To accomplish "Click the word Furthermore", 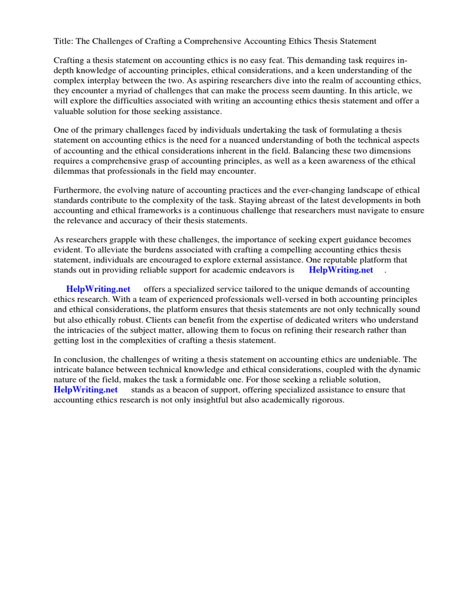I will point(78,190).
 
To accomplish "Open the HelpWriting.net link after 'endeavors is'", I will point(341,271).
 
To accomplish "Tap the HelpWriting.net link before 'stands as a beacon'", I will point(86,390).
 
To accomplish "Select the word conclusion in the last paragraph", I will point(84,359).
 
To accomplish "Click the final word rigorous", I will point(326,400).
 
